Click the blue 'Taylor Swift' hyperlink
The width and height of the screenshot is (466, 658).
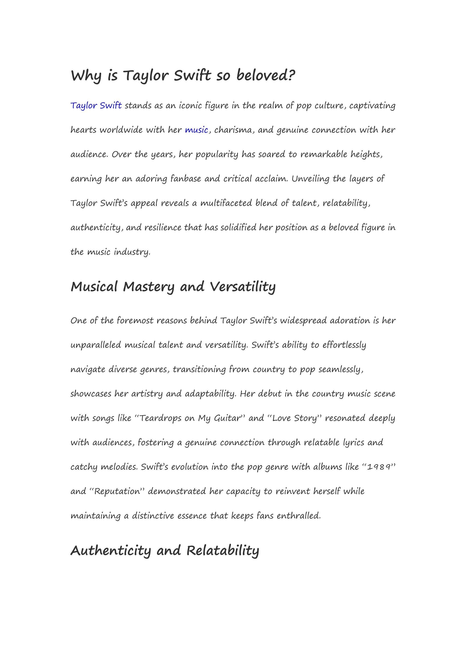click(96, 105)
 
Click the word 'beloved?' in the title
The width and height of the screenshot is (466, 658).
click(266, 75)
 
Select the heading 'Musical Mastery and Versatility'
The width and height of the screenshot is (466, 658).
click(173, 287)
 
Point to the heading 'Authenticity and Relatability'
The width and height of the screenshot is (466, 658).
click(165, 551)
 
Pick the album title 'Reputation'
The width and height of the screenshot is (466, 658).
click(117, 491)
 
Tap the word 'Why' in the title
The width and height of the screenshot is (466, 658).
click(86, 75)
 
